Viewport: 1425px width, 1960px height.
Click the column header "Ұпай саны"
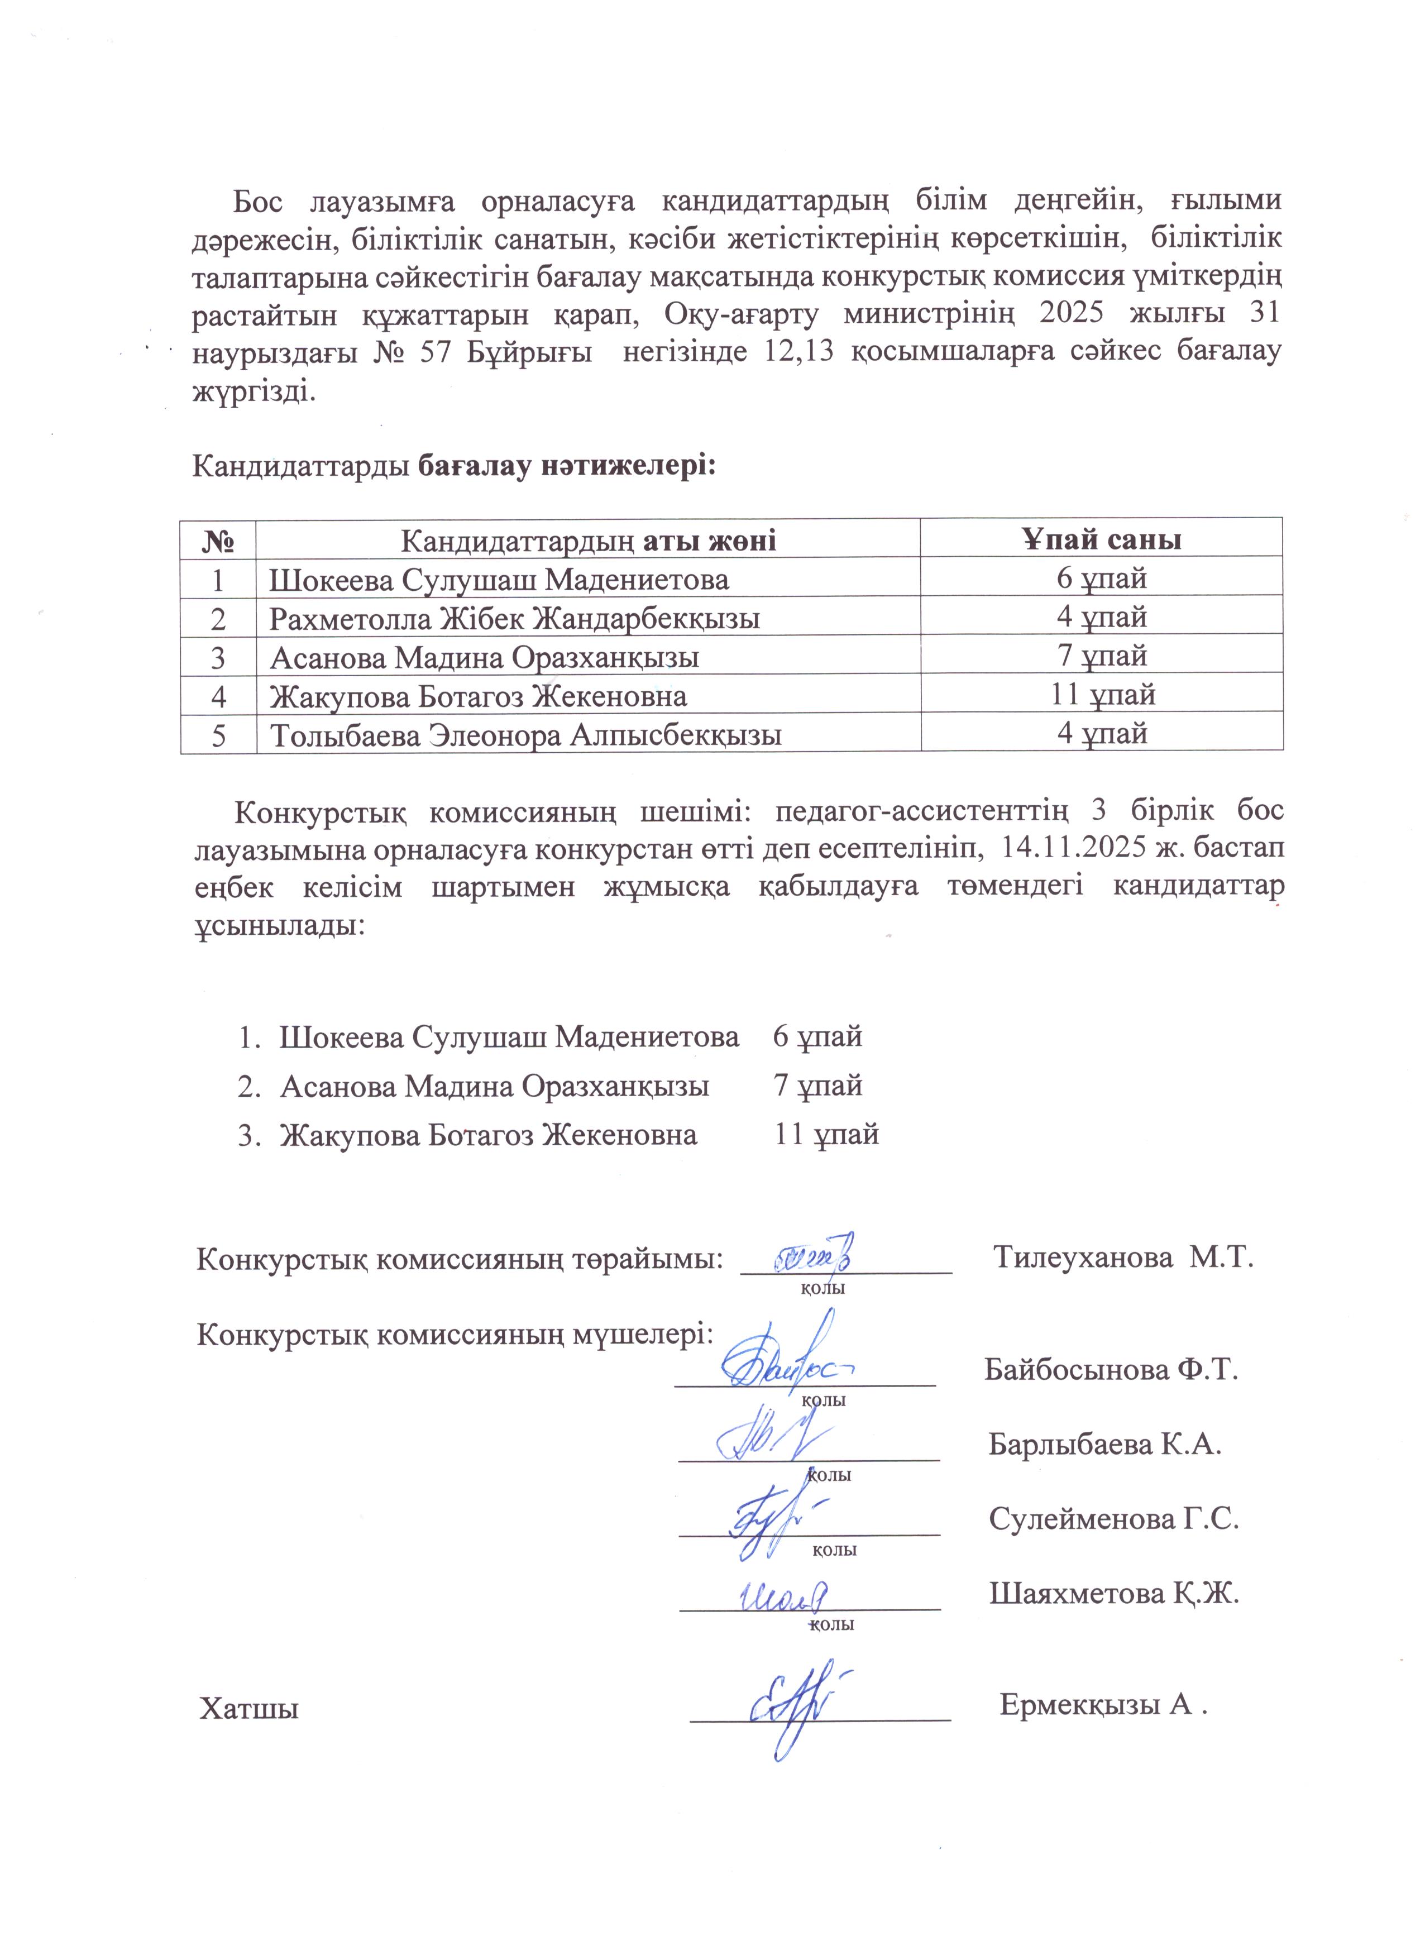pos(1102,540)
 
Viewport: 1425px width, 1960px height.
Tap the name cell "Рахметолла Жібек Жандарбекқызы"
pos(515,619)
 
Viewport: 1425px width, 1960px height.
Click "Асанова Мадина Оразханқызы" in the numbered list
pos(494,1086)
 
